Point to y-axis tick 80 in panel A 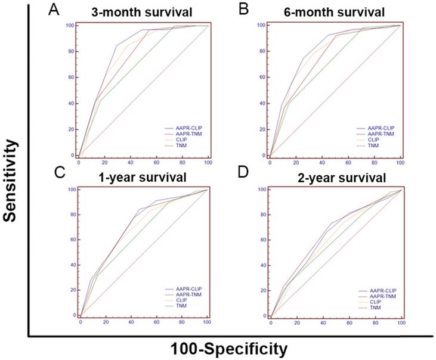pos(70,51)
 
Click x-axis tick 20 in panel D pos(296,322)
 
